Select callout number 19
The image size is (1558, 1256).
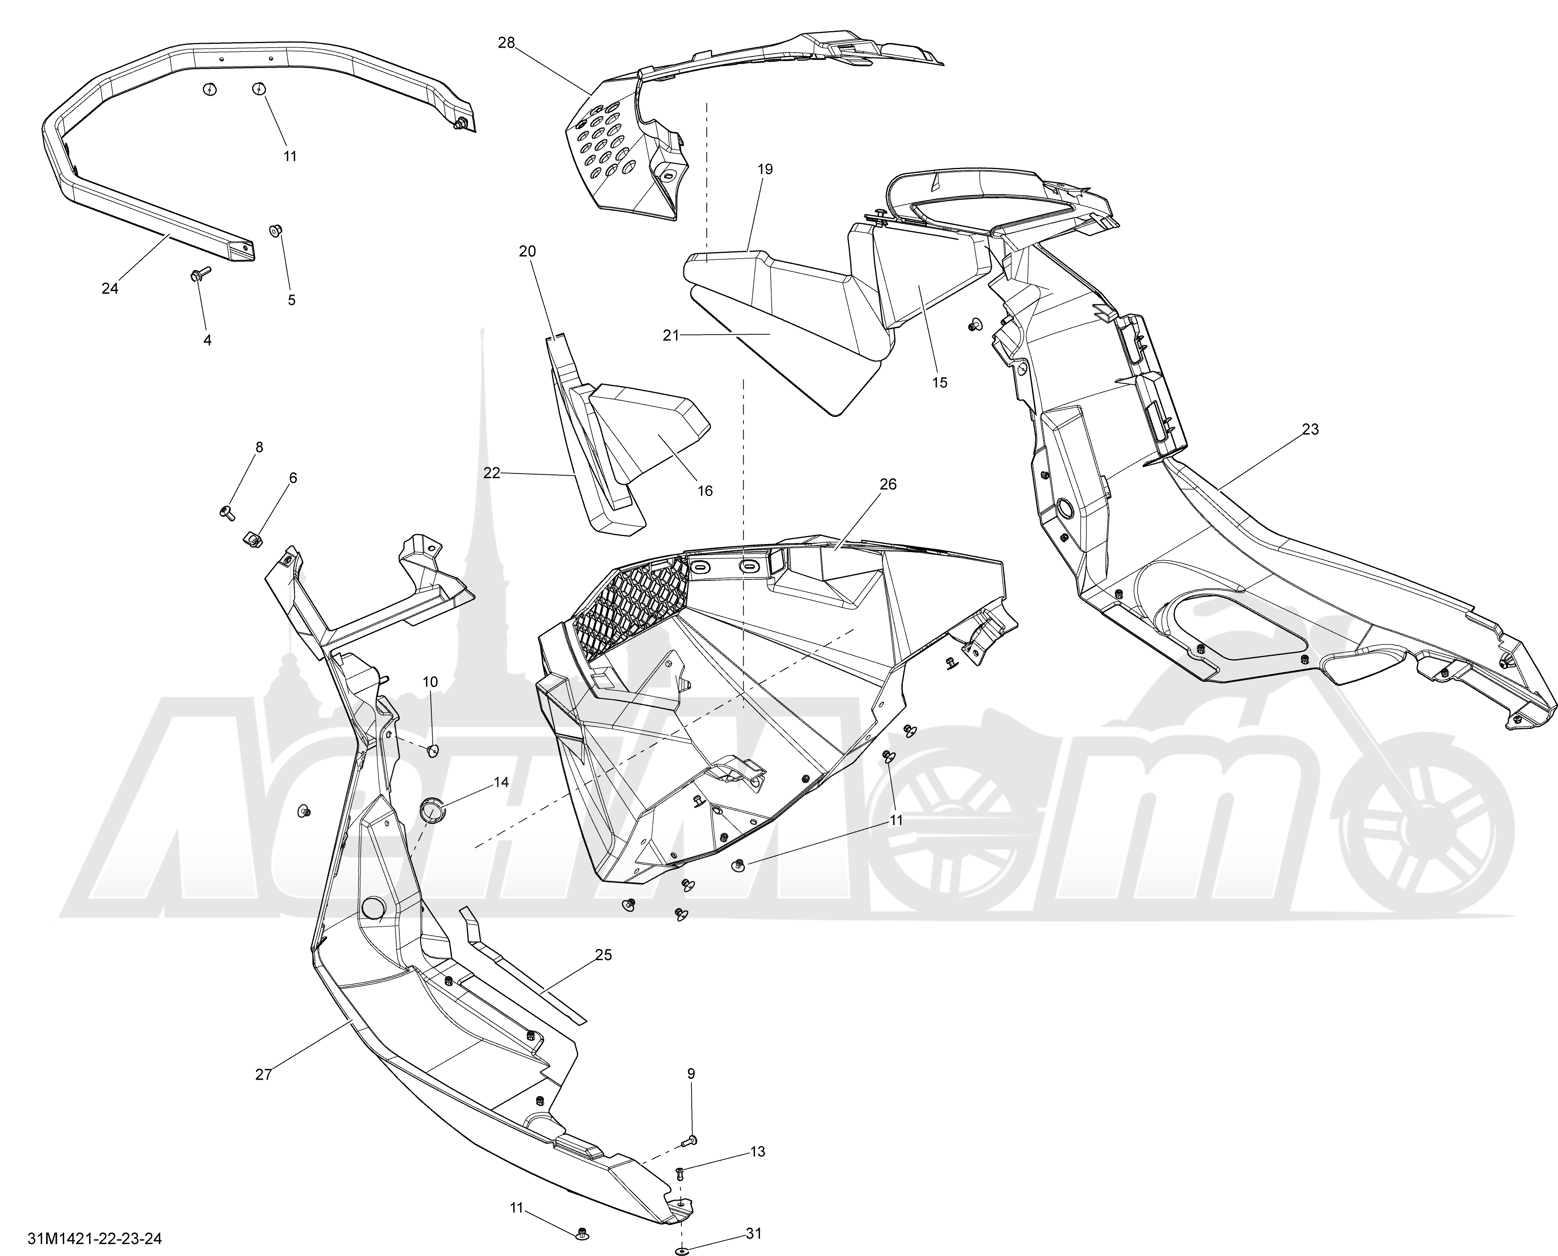[765, 169]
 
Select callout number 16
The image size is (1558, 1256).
[705, 491]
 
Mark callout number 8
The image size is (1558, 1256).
[259, 447]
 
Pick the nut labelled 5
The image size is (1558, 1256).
[276, 231]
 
